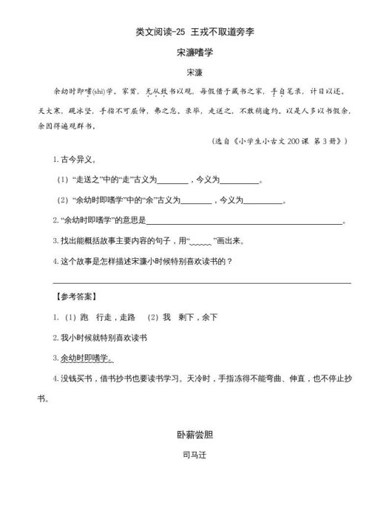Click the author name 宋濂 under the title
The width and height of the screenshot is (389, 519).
tap(194, 72)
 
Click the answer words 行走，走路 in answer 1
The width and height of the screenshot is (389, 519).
tap(120, 317)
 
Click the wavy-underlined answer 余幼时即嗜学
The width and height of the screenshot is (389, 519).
tap(87, 359)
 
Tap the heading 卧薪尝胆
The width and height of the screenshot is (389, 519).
tap(194, 435)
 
